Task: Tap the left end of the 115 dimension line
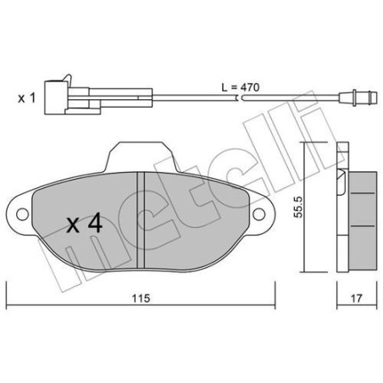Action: pos(8,308)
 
